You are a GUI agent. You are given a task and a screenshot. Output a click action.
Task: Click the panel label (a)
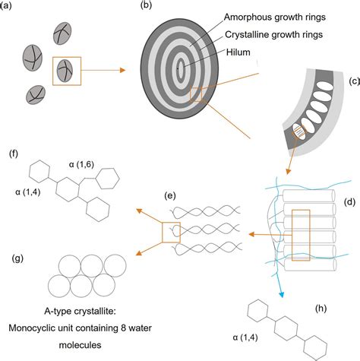(8, 6)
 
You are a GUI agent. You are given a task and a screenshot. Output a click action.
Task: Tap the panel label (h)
(324, 309)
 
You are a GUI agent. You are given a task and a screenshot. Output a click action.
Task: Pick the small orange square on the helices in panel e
(171, 228)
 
